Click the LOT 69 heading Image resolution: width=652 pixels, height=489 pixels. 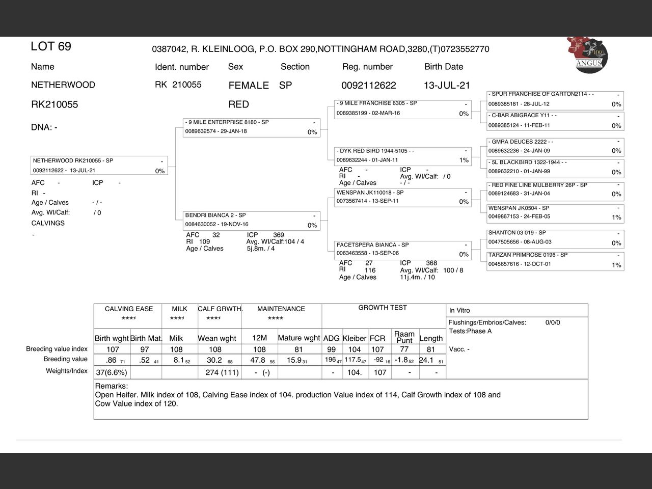click(x=51, y=46)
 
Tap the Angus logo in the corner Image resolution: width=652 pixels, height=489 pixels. click(x=587, y=53)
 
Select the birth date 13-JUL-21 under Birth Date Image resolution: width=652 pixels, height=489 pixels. click(x=447, y=85)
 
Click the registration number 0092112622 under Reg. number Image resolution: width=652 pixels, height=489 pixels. click(x=368, y=85)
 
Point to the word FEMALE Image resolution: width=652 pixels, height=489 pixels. click(x=249, y=86)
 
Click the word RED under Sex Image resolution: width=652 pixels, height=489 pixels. click(x=238, y=104)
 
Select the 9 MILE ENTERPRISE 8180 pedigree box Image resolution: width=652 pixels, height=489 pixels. click(x=251, y=127)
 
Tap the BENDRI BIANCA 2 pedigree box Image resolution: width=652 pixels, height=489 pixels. click(x=251, y=220)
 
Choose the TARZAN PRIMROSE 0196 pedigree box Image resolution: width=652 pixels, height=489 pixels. click(x=555, y=260)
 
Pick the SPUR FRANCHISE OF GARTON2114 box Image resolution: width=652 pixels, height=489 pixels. click(x=555, y=99)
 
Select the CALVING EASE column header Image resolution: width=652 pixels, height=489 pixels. click(x=128, y=309)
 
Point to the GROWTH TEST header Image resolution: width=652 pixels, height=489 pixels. click(x=383, y=308)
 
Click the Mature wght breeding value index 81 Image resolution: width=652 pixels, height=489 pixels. click(x=298, y=349)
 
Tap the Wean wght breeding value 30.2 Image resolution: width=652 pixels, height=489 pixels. click(x=214, y=360)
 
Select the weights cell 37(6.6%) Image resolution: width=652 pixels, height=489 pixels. click(x=112, y=372)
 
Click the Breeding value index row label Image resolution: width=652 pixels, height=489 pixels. click(x=57, y=349)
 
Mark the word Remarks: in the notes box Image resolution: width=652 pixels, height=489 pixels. click(x=112, y=386)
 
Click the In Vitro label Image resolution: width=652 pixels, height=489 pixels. click(x=459, y=310)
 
